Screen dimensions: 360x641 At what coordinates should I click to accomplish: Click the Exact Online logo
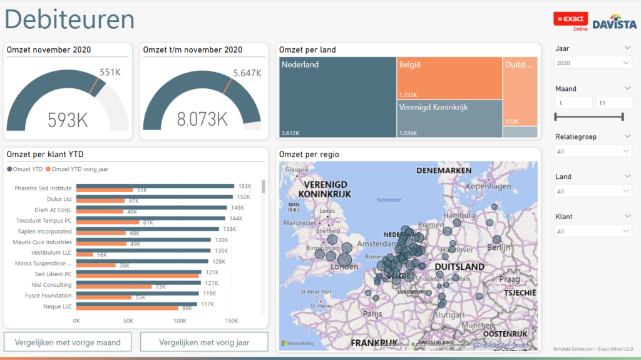tap(571, 21)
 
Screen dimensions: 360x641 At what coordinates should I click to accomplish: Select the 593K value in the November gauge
tap(67, 119)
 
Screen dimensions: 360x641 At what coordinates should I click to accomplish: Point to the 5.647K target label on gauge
tap(247, 73)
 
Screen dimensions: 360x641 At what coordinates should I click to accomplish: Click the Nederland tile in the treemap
tap(337, 97)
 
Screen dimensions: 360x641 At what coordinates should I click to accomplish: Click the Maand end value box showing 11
tap(613, 103)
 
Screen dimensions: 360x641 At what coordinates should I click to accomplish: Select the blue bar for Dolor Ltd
tap(156, 197)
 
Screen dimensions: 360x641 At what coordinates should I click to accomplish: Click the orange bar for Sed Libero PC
tap(138, 276)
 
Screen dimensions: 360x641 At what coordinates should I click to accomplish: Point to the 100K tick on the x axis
tap(180, 321)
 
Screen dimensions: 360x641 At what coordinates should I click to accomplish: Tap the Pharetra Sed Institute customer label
tap(43, 188)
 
